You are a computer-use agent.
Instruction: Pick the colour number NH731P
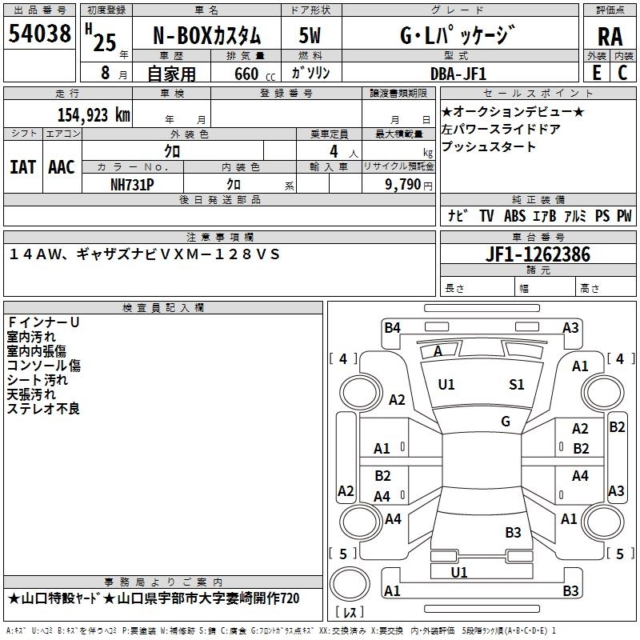point(133,183)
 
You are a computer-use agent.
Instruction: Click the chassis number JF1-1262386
point(538,254)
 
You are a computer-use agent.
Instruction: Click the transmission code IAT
point(23,167)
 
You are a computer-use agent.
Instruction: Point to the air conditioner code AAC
point(62,167)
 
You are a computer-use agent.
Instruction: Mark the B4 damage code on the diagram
point(392,327)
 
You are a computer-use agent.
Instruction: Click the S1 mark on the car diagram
point(517,384)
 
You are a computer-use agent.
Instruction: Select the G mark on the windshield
point(506,422)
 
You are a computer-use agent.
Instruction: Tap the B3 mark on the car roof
point(513,532)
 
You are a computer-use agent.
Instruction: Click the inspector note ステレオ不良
point(43,409)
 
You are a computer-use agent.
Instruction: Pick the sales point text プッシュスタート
point(489,147)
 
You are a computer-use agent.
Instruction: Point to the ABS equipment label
point(514,216)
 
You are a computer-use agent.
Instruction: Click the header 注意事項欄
point(220,237)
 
